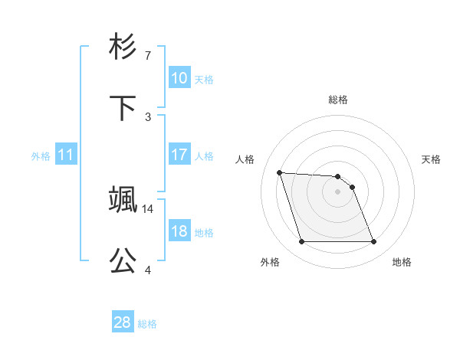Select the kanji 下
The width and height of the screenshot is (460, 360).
(x=123, y=106)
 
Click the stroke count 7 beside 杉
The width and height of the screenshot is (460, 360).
(x=148, y=55)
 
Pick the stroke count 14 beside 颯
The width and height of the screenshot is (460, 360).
(x=149, y=208)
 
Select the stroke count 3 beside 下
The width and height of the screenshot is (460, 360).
(x=148, y=116)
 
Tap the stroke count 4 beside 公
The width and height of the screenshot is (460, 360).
(x=148, y=270)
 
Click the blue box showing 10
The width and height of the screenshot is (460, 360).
(x=179, y=77)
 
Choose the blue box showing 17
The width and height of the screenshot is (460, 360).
(x=179, y=155)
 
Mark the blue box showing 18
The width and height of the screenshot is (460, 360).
(x=179, y=231)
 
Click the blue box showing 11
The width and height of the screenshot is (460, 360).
(x=66, y=155)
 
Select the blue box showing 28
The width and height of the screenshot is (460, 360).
(x=123, y=322)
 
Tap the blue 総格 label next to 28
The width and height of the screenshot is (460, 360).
(x=148, y=324)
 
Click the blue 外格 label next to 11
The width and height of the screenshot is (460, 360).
(x=41, y=156)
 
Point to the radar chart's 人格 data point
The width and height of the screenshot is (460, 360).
(x=279, y=172)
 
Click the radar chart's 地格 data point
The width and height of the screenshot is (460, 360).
(x=373, y=242)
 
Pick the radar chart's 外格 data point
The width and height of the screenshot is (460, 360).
(x=301, y=242)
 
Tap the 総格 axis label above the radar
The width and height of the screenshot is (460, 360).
(x=338, y=100)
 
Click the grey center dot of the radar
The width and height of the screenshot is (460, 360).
(x=338, y=191)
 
